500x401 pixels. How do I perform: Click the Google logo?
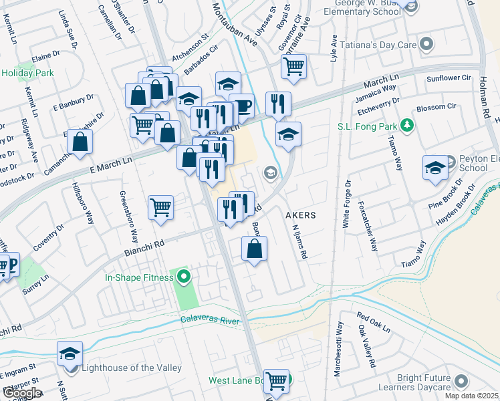click(21, 393)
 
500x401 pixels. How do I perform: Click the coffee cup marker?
click(241, 105)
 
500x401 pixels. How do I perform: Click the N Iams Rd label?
click(299, 240)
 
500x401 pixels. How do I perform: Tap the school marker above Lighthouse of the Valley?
click(70, 354)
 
